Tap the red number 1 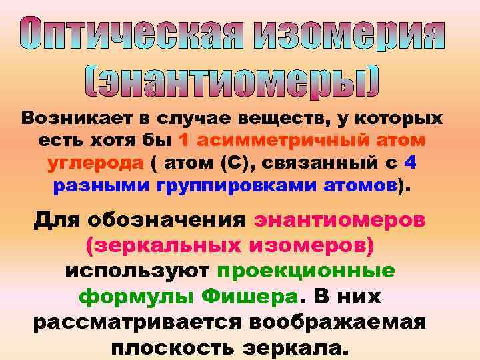[x=185, y=141]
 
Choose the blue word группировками [x=230, y=185]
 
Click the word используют [x=137, y=271]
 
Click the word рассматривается [x=133, y=323]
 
